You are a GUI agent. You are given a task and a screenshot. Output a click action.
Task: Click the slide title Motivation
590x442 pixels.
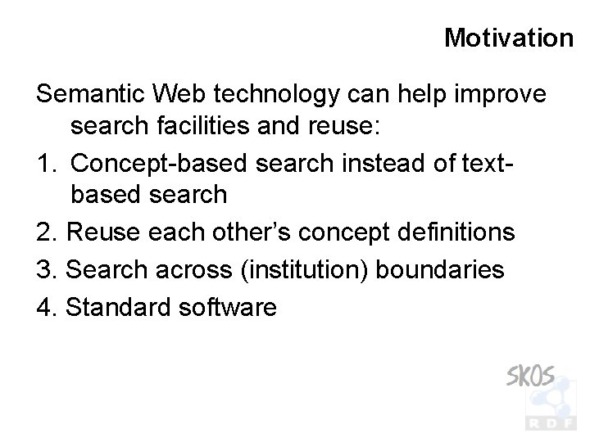[508, 38]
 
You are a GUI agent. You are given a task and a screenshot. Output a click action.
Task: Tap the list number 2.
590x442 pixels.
[46, 232]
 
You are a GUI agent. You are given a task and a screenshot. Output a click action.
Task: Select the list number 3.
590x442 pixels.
[46, 269]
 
